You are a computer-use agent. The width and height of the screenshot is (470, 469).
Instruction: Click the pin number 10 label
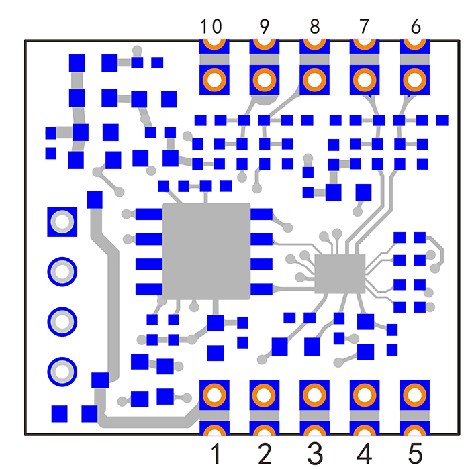pos(211,26)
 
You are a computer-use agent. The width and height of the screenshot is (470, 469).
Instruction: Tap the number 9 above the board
pos(265,26)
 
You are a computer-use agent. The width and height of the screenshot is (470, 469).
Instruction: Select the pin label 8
pos(314,26)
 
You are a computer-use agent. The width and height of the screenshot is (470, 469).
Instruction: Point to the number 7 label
pos(364,26)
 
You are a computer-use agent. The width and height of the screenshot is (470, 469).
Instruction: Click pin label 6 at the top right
pos(416,26)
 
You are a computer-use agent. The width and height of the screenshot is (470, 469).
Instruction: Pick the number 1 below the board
pos(216,454)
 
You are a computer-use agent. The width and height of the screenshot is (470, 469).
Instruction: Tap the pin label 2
pos(265,454)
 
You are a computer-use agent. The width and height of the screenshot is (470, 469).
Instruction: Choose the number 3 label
pos(315,454)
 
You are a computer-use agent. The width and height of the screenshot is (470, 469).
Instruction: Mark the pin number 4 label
pos(365,454)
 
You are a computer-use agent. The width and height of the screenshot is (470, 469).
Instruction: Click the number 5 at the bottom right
pos(415,454)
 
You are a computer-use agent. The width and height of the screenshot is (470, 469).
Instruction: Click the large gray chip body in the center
pos(206,251)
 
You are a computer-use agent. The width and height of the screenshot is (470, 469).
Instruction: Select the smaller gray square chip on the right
pos(340,274)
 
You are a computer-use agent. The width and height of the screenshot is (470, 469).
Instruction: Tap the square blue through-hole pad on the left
pos(62,221)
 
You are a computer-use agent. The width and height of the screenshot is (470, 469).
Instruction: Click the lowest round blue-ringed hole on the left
pos(62,372)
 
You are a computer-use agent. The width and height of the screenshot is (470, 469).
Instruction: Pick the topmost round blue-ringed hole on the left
pos(62,272)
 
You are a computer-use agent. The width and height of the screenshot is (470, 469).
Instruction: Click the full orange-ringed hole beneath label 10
pos(214,80)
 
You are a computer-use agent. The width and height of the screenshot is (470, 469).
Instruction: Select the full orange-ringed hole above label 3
pos(314,395)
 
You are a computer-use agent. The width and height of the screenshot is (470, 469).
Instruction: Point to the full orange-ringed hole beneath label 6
pos(414,80)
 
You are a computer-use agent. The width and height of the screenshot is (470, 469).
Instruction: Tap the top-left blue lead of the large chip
pos(149,214)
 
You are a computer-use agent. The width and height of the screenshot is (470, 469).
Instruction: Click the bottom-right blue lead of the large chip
pos(261,289)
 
